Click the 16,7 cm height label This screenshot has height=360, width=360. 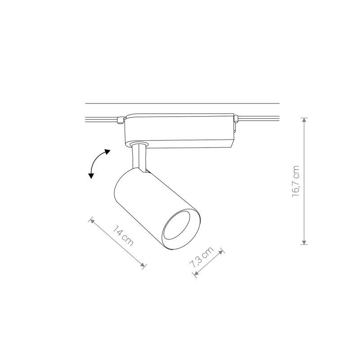click(x=296, y=181)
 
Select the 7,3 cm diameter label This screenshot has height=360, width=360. click(x=201, y=259)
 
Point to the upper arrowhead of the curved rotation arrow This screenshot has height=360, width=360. click(x=107, y=152)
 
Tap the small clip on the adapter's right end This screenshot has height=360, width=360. click(x=235, y=119)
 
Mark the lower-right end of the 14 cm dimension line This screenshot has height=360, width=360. click(x=144, y=266)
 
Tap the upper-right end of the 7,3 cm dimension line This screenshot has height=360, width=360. click(x=221, y=250)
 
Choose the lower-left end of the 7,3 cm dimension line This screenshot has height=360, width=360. click(x=196, y=274)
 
